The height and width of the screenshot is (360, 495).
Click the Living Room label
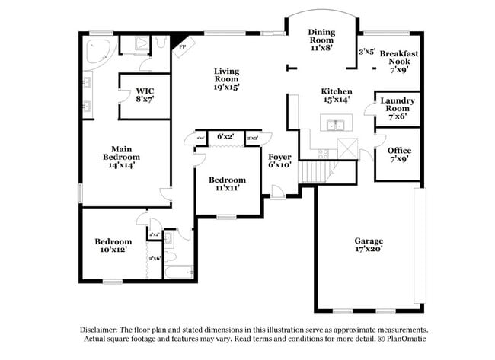tap(226, 78)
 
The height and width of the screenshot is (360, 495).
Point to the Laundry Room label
tap(398, 109)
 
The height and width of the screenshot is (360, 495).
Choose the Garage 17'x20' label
tap(368, 244)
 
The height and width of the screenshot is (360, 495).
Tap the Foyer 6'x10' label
tap(279, 160)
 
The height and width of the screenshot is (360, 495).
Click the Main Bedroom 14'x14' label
tap(123, 156)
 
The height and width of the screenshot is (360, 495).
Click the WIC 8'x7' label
tap(145, 94)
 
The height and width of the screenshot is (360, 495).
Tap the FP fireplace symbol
tap(182, 48)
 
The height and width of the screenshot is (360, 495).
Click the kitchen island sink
tap(332, 124)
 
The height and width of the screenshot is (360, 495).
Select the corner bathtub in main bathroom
tap(97, 50)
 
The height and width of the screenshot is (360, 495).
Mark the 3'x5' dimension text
tap(367, 53)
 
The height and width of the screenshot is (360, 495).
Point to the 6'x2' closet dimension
tap(225, 136)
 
